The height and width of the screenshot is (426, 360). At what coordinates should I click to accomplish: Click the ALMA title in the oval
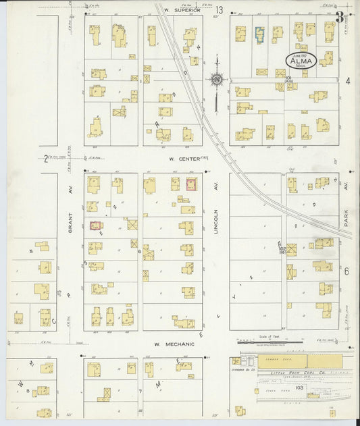click(301, 60)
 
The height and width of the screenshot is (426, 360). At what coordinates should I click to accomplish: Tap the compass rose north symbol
click(217, 80)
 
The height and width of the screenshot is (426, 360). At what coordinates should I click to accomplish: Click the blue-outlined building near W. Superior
click(259, 32)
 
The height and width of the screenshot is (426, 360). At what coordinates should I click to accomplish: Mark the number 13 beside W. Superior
click(220, 10)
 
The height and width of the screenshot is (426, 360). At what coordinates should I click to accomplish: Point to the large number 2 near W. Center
click(46, 159)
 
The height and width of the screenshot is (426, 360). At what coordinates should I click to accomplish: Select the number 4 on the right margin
click(347, 81)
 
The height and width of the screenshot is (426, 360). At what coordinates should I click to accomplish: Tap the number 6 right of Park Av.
click(346, 271)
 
